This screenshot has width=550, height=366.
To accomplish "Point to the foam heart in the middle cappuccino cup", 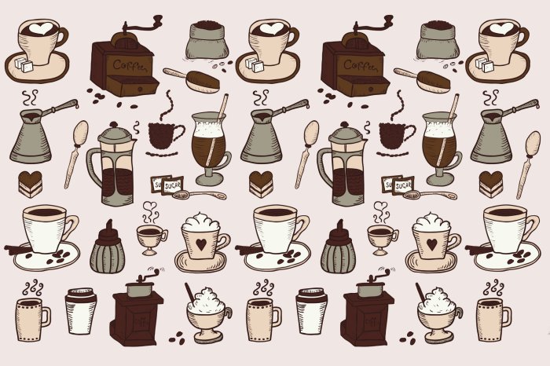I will tap(270, 30).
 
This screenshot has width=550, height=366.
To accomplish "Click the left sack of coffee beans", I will tap(207, 40).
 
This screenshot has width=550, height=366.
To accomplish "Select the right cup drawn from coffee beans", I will tap(396, 134).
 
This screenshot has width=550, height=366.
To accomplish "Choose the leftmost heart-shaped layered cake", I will tap(30, 183).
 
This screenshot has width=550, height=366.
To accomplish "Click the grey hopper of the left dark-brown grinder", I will tap(141, 289).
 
